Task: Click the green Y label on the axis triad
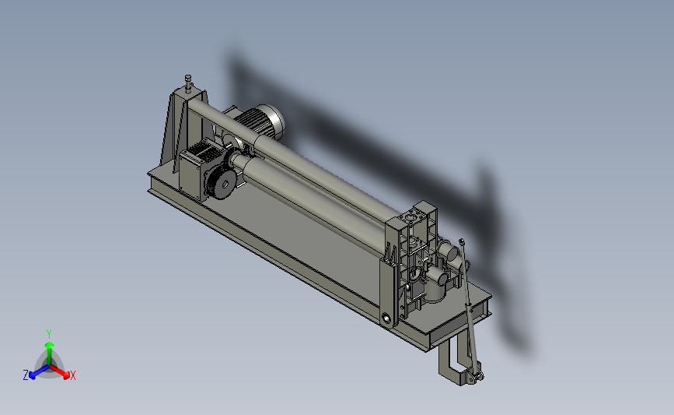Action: (48, 334)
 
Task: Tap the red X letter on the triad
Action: (72, 375)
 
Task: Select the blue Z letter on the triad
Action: (26, 375)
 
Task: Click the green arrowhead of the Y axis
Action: (49, 345)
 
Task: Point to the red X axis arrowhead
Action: (66, 375)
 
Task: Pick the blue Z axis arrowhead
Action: (31, 375)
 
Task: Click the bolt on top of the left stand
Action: (188, 83)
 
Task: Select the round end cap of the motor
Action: (276, 121)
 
